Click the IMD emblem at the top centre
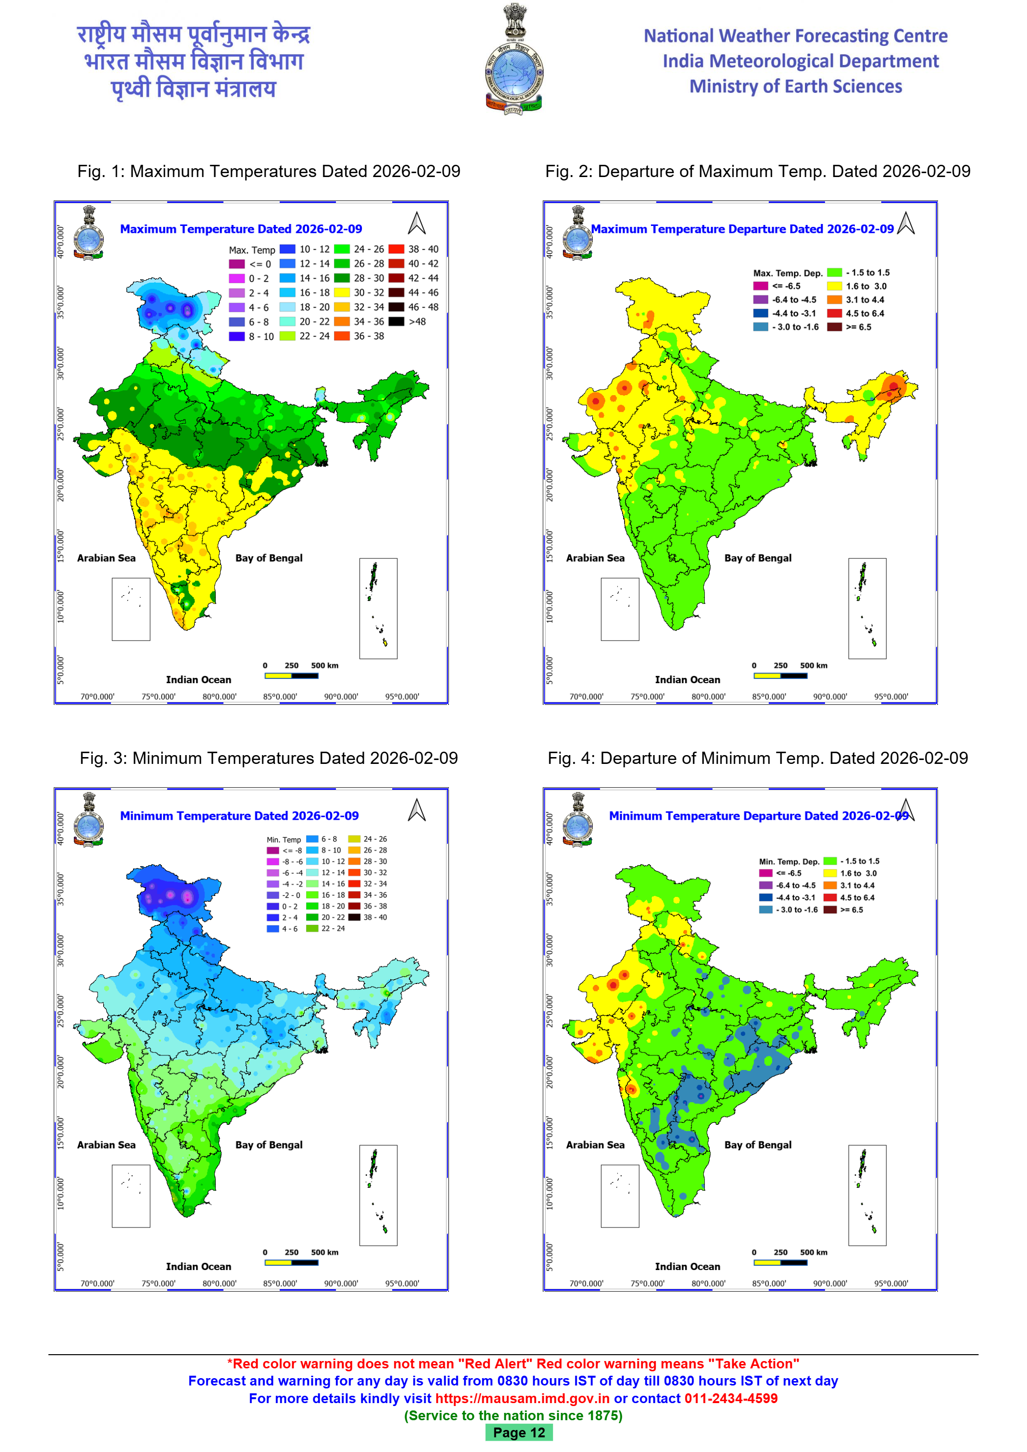[x=513, y=60]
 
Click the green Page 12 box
[x=518, y=1432]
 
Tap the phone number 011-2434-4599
[x=731, y=1398]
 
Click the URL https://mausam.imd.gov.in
[x=522, y=1398]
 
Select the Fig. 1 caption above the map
[x=269, y=171]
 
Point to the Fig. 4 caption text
[x=757, y=758]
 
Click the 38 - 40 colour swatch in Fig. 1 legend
[x=397, y=249]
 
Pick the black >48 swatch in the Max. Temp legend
[x=397, y=321]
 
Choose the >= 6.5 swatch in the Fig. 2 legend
[x=834, y=327]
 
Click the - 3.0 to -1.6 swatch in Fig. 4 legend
[x=766, y=910]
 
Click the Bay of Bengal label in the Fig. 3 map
[x=269, y=1145]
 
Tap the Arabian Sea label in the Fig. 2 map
[x=595, y=558]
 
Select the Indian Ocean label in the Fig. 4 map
[x=688, y=1266]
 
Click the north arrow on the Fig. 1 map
[x=417, y=223]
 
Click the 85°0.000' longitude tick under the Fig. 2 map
[x=769, y=697]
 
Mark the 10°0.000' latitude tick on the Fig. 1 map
[x=61, y=606]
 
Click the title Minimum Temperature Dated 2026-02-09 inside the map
[x=239, y=816]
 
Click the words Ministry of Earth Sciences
[x=796, y=86]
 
